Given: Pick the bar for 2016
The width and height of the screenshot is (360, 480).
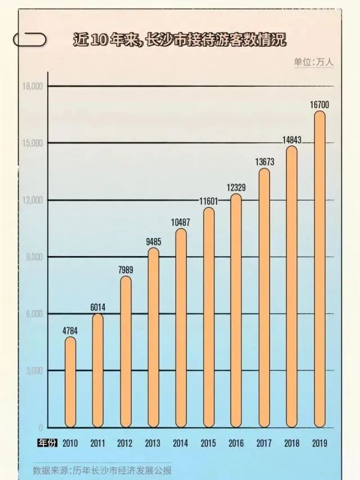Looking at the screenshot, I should point(236,309).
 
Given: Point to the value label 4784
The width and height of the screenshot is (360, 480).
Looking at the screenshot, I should point(70,330).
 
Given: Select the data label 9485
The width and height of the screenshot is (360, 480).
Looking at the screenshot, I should point(153,242).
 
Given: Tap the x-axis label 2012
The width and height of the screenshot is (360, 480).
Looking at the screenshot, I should point(125,442).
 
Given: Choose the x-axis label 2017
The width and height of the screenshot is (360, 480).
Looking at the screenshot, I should point(264,442).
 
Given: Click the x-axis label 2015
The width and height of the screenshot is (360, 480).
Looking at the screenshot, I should point(209,442).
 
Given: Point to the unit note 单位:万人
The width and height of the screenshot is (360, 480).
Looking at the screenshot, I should point(313,62).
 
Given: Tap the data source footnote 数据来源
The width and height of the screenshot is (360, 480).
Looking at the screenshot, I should point(102,470).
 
